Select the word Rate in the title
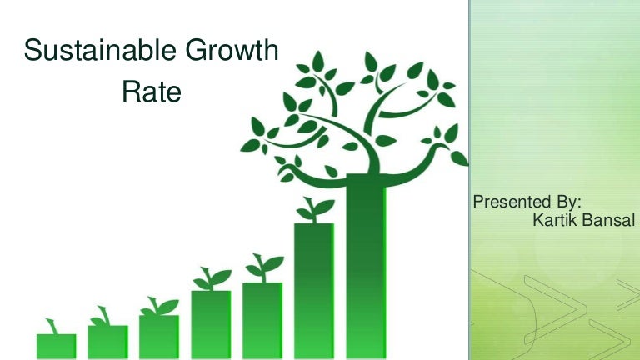pyautogui.click(x=151, y=92)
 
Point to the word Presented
pyautogui.click(x=510, y=202)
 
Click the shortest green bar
pyautogui.click(x=56, y=346)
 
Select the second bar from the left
pyautogui.click(x=107, y=342)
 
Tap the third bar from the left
pyautogui.click(x=159, y=337)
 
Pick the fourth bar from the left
pyautogui.click(x=211, y=324)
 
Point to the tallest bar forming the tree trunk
pyautogui.click(x=366, y=267)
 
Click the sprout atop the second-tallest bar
pyautogui.click(x=313, y=209)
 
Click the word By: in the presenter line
pyautogui.click(x=566, y=202)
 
